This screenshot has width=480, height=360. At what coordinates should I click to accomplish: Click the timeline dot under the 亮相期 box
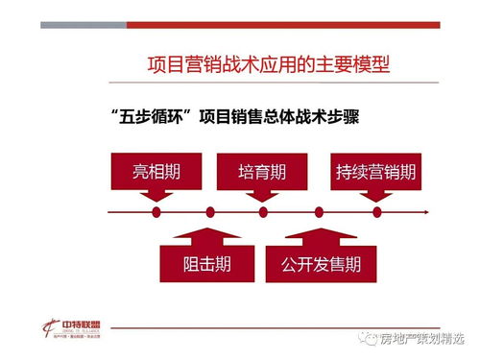156,211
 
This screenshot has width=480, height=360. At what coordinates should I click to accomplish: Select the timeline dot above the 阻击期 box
210,211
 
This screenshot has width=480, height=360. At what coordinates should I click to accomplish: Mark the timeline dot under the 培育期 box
262,211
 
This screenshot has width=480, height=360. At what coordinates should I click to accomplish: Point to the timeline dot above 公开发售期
319,211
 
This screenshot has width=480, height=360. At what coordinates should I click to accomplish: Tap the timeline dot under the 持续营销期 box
376,211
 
